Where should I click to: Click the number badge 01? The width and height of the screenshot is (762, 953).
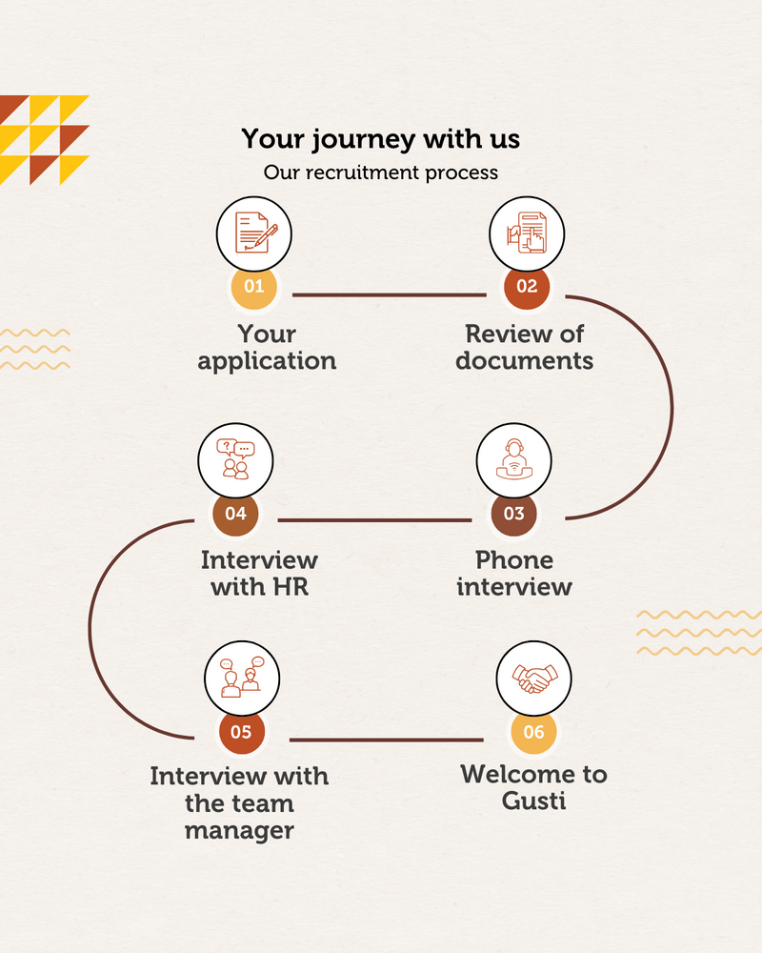point(254,286)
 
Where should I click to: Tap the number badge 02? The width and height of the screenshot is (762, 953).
point(527,286)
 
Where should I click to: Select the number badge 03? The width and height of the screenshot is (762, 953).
point(514,514)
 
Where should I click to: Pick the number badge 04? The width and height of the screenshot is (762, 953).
point(236,514)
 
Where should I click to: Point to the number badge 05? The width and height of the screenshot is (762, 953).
point(241,732)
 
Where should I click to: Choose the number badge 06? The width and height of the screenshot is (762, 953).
point(533,732)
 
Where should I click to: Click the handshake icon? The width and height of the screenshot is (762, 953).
point(534,679)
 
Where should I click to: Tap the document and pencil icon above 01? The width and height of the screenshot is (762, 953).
point(255,233)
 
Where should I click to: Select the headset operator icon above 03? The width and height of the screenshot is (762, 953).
point(514,459)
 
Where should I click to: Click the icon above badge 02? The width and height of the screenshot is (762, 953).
point(527,233)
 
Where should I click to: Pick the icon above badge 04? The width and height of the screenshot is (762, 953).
point(236,459)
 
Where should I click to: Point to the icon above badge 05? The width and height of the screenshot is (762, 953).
point(243,677)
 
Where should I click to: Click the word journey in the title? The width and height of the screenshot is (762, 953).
point(365,140)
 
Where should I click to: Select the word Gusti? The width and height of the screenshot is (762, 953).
point(533,801)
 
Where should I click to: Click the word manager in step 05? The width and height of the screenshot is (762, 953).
point(239,831)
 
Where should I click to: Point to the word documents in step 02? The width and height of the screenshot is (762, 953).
point(525,360)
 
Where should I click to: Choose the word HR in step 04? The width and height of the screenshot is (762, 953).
point(291,587)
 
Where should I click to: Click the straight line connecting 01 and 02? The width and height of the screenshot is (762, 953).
point(390,294)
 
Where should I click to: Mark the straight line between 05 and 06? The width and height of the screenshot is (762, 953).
point(387,740)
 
